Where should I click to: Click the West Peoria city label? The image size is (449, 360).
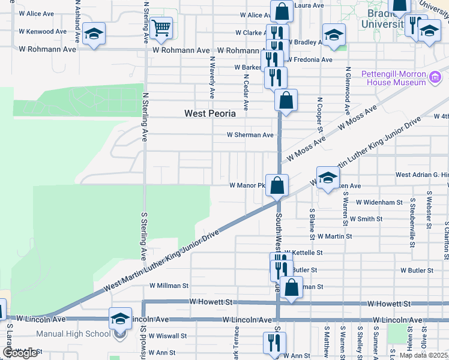coord(209,113)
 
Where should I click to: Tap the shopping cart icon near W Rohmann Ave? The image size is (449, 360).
coord(161,28)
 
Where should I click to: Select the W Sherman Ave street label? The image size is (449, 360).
coord(250,135)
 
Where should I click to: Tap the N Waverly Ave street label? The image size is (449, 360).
coord(212,77)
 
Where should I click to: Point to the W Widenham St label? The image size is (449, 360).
coord(376,203)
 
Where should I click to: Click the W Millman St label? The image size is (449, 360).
coord(169,286)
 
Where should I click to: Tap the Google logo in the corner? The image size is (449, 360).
coord(20,353)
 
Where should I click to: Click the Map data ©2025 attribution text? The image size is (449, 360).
coord(423,355)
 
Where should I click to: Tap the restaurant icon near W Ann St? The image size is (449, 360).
coord(273,343)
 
